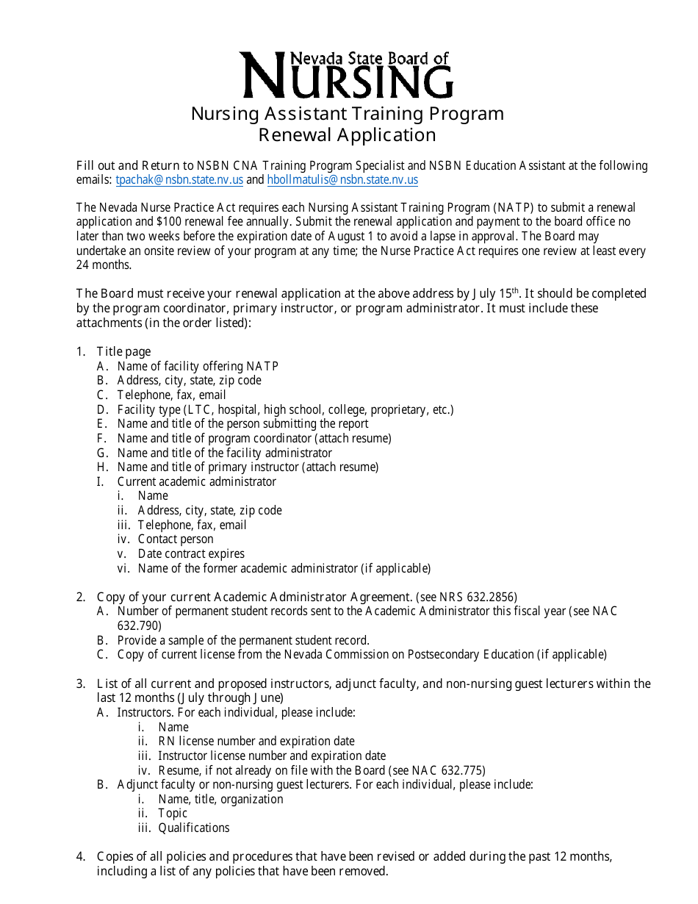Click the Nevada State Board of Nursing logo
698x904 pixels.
click(348, 75)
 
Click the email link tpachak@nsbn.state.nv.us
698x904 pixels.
click(179, 180)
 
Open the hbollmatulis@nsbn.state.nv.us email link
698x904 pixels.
click(342, 180)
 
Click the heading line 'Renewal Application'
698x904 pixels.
click(347, 135)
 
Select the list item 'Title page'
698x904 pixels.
click(123, 352)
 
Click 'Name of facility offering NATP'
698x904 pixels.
click(198, 366)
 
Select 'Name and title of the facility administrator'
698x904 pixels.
click(224, 453)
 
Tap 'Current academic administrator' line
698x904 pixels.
click(196, 481)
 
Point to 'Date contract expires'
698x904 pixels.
click(191, 553)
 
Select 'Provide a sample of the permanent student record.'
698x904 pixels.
click(243, 640)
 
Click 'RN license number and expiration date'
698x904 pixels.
click(256, 741)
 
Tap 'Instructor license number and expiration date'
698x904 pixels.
click(271, 756)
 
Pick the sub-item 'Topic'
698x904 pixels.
click(173, 813)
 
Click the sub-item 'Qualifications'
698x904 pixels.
click(193, 828)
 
